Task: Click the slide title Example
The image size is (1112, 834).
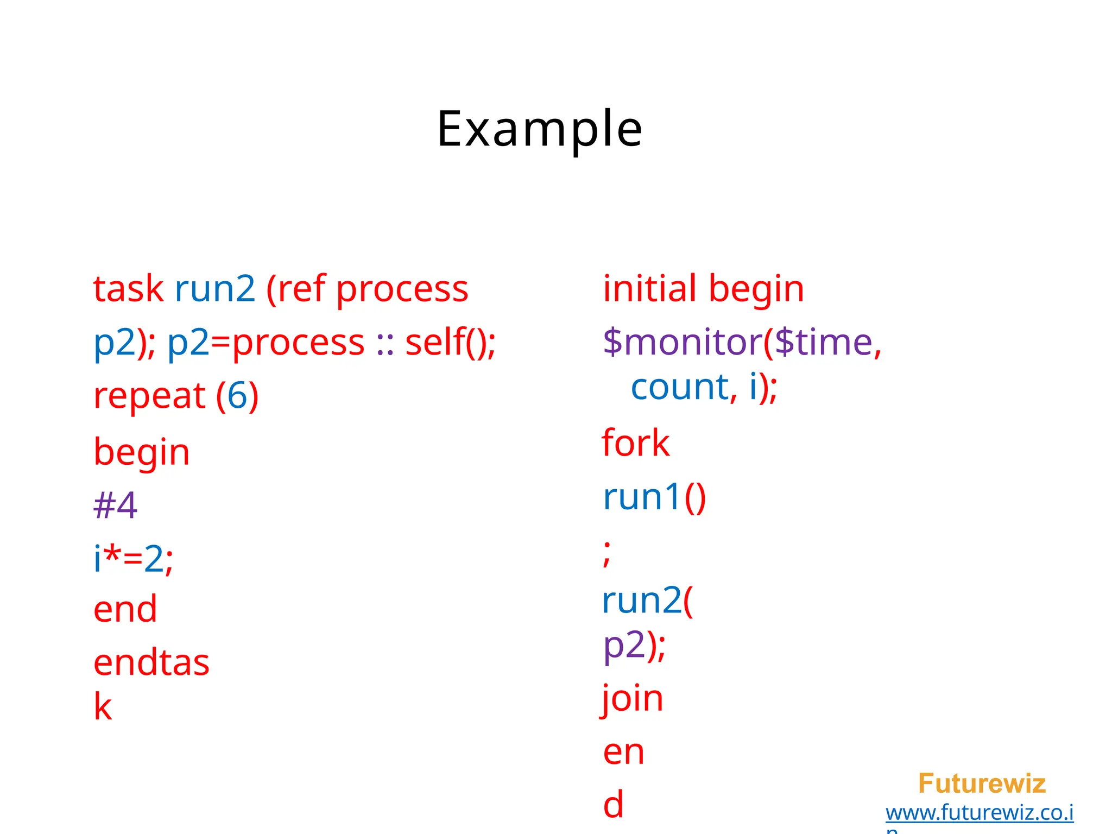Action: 540,129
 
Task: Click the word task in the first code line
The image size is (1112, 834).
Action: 128,289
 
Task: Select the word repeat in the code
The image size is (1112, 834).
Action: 149,396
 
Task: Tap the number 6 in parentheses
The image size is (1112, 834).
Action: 237,396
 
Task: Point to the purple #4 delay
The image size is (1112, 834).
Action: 115,506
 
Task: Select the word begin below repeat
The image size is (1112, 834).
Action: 142,453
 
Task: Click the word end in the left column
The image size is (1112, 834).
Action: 125,609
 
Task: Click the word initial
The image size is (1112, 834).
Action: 649,289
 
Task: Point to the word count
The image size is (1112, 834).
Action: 679,387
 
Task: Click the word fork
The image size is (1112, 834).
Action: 635,443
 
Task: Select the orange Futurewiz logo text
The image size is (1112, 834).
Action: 982,784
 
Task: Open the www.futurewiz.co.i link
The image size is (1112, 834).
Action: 980,813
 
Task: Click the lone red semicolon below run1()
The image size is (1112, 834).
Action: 607,553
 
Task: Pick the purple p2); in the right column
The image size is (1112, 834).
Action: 634,646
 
